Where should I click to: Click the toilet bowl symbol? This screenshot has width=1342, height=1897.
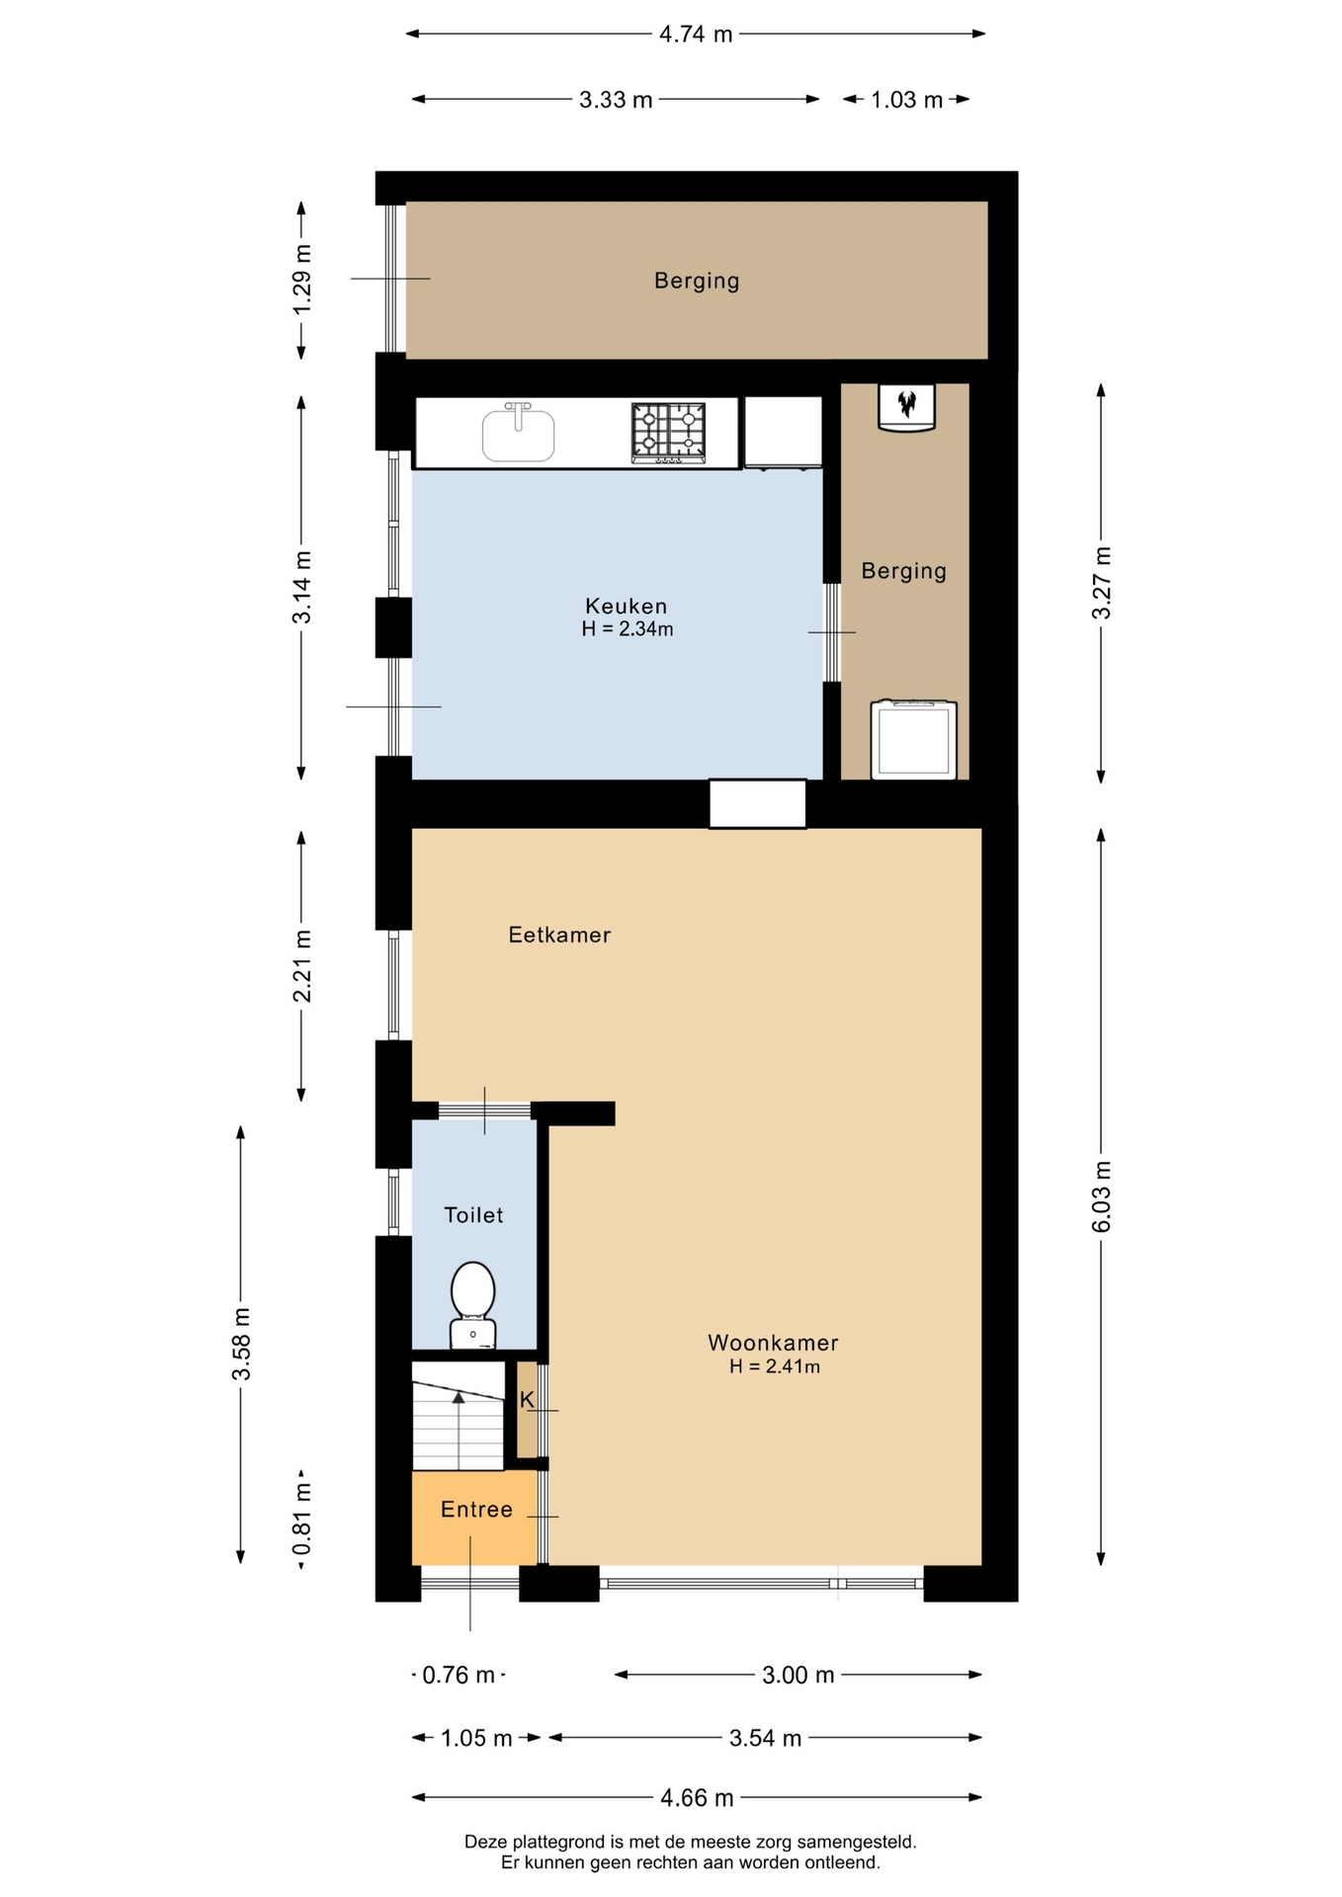[x=472, y=1304]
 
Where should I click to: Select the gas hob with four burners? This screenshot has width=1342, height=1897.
[x=669, y=433]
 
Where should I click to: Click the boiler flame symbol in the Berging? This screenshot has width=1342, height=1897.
[x=906, y=403]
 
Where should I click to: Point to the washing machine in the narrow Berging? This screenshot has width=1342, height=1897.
[x=914, y=740]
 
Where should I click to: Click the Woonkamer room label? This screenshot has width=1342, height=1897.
[x=773, y=1343]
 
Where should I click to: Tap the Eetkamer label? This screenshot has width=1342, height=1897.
[x=559, y=935]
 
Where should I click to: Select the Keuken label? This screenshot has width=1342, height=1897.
[x=627, y=606]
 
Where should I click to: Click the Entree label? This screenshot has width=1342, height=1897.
[x=476, y=1510]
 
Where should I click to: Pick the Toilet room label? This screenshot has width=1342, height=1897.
[x=473, y=1215]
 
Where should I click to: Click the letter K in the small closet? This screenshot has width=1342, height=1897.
[x=527, y=1400]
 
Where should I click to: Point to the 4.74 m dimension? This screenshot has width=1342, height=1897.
[x=696, y=35]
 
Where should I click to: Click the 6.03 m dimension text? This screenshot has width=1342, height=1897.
[x=1102, y=1196]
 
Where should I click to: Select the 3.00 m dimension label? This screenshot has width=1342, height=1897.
[x=798, y=1675]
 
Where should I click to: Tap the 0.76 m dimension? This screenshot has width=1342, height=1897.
[x=459, y=1675]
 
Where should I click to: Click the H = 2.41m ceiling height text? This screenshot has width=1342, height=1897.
[x=775, y=1366]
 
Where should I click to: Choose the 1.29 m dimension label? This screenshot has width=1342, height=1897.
[x=302, y=280]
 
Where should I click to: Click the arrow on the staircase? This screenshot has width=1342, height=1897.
[x=459, y=1430]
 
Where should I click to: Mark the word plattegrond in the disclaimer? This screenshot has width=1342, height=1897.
[x=557, y=1842]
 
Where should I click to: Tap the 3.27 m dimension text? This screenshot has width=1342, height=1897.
[x=1102, y=583]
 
